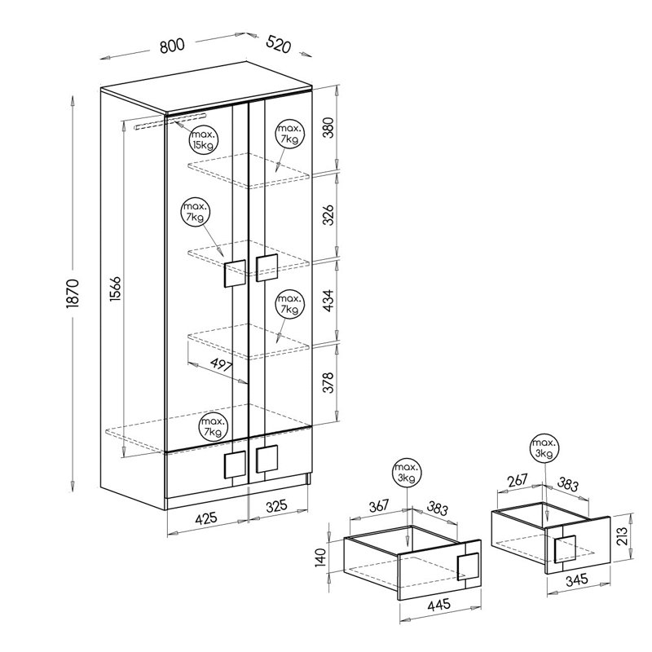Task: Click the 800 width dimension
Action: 172,45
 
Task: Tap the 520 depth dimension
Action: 278,44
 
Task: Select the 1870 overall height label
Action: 73,293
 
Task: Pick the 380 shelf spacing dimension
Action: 328,128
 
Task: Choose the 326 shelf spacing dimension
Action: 328,215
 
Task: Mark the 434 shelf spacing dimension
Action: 328,301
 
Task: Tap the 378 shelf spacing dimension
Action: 328,382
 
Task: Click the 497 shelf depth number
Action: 221,365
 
